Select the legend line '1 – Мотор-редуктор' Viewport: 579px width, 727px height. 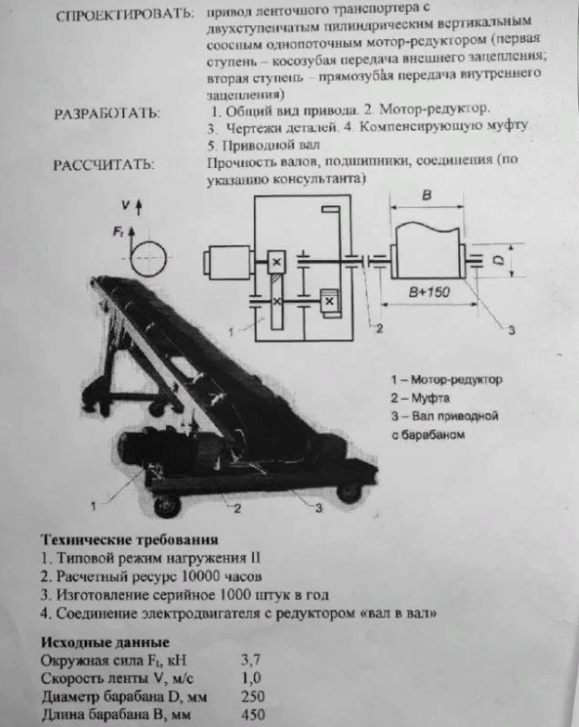pyautogui.click(x=447, y=380)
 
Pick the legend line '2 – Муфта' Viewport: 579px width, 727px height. pyautogui.click(x=422, y=398)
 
